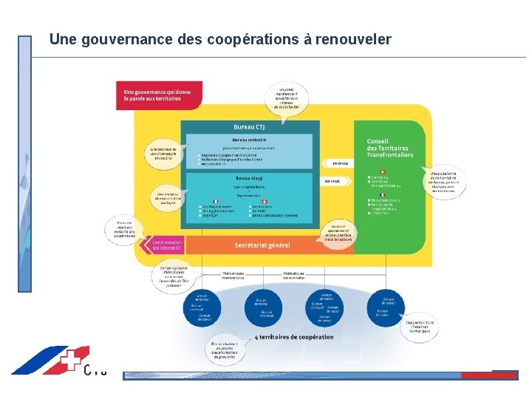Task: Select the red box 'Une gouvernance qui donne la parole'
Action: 157,95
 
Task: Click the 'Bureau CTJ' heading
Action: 249,126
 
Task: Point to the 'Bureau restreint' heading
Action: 249,139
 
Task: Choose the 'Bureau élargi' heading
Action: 249,178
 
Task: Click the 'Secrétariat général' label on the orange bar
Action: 262,245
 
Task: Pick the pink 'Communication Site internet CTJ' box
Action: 157,245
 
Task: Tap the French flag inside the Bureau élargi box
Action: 216,201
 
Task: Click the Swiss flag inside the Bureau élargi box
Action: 265,201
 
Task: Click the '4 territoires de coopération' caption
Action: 293,337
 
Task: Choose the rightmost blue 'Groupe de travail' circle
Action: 388,292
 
